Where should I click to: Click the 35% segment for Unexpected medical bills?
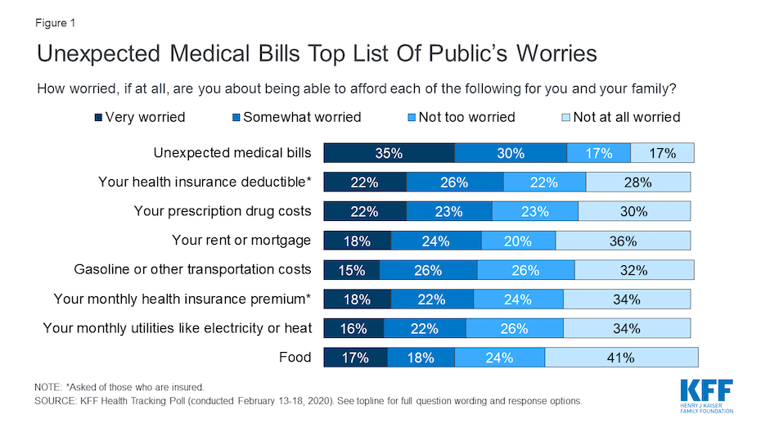tap(389, 153)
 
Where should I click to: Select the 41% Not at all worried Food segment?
tap(621, 358)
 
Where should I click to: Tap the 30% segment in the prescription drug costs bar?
tap(633, 211)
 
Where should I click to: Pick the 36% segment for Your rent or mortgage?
tap(623, 241)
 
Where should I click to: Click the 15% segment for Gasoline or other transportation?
tap(351, 270)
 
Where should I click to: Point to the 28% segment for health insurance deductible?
tap(637, 182)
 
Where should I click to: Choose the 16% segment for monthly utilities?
tap(353, 328)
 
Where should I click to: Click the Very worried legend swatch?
tap(98, 118)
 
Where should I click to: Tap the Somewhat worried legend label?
tap(302, 117)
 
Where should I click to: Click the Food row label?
tap(295, 357)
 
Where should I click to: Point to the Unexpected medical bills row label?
tap(232, 152)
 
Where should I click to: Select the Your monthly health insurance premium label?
tap(182, 299)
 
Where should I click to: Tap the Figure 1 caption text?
tap(56, 23)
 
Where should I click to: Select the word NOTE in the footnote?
tap(48, 385)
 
